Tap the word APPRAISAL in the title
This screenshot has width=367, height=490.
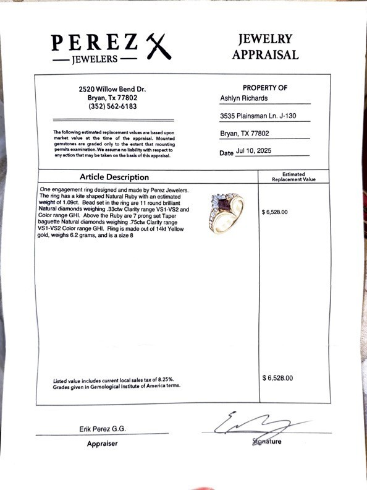click(265, 54)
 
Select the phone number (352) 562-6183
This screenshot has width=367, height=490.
click(108, 106)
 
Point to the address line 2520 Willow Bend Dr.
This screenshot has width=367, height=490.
click(108, 88)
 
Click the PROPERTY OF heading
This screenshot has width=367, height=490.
click(265, 88)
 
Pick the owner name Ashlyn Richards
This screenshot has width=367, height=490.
click(245, 98)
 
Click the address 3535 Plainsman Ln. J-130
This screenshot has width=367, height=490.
click(255, 116)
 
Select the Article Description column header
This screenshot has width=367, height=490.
click(114, 177)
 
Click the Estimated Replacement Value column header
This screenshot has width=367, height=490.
click(293, 177)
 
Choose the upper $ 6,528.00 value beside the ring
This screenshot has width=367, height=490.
click(275, 212)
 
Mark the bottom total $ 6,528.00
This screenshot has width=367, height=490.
click(277, 377)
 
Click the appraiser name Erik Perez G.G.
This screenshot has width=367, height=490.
click(103, 428)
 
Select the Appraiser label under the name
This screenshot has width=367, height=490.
click(102, 443)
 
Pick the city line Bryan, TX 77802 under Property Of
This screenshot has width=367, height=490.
click(245, 133)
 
